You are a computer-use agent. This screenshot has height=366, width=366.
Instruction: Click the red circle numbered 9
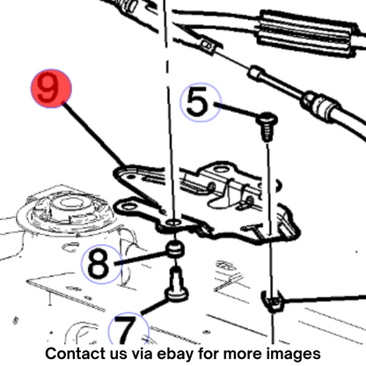51,88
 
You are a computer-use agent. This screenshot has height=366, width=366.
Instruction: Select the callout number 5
197,102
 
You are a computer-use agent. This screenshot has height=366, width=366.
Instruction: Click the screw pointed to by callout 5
267,126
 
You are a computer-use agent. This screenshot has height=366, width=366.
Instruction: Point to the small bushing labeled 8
175,249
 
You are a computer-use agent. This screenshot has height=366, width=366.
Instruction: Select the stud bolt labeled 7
177,285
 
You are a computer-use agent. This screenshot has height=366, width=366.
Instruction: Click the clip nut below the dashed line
272,302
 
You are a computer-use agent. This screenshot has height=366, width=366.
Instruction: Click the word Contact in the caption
76,354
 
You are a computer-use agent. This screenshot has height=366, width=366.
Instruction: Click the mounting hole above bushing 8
173,223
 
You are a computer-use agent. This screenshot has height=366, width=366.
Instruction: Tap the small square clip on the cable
208,47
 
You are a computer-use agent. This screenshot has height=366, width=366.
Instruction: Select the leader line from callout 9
94,133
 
